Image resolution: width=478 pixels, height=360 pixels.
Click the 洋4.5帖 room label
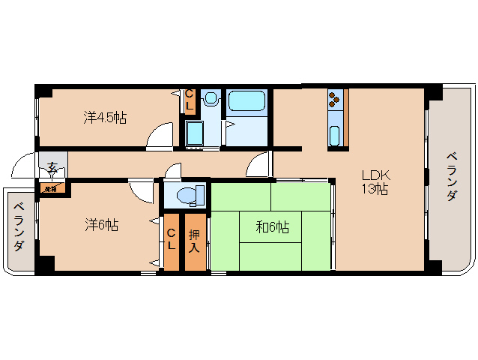pyautogui.click(x=105, y=118)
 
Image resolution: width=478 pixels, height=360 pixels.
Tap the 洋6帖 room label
pyautogui.click(x=101, y=224)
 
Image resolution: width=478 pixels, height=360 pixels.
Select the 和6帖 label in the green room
pyautogui.click(x=273, y=227)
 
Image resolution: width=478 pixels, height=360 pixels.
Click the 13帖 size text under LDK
pyautogui.click(x=375, y=189)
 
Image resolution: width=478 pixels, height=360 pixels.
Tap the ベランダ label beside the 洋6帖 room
pyautogui.click(x=19, y=227)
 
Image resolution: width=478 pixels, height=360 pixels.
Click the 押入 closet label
pyautogui.click(x=194, y=241)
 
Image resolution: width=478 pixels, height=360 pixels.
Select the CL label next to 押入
pyautogui.click(x=171, y=241)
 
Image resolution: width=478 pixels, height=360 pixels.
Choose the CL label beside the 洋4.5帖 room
pyautogui.click(x=190, y=100)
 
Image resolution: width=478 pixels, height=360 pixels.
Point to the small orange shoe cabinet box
pyautogui.click(x=51, y=188)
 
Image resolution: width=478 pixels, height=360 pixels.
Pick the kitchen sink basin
pyautogui.click(x=335, y=136)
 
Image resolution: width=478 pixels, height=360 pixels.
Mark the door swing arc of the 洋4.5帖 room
pyautogui.click(x=159, y=136)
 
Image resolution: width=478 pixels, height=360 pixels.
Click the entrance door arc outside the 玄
pyautogui.click(x=25, y=164)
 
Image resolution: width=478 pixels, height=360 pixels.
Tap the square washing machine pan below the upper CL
pyautogui.click(x=194, y=133)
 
